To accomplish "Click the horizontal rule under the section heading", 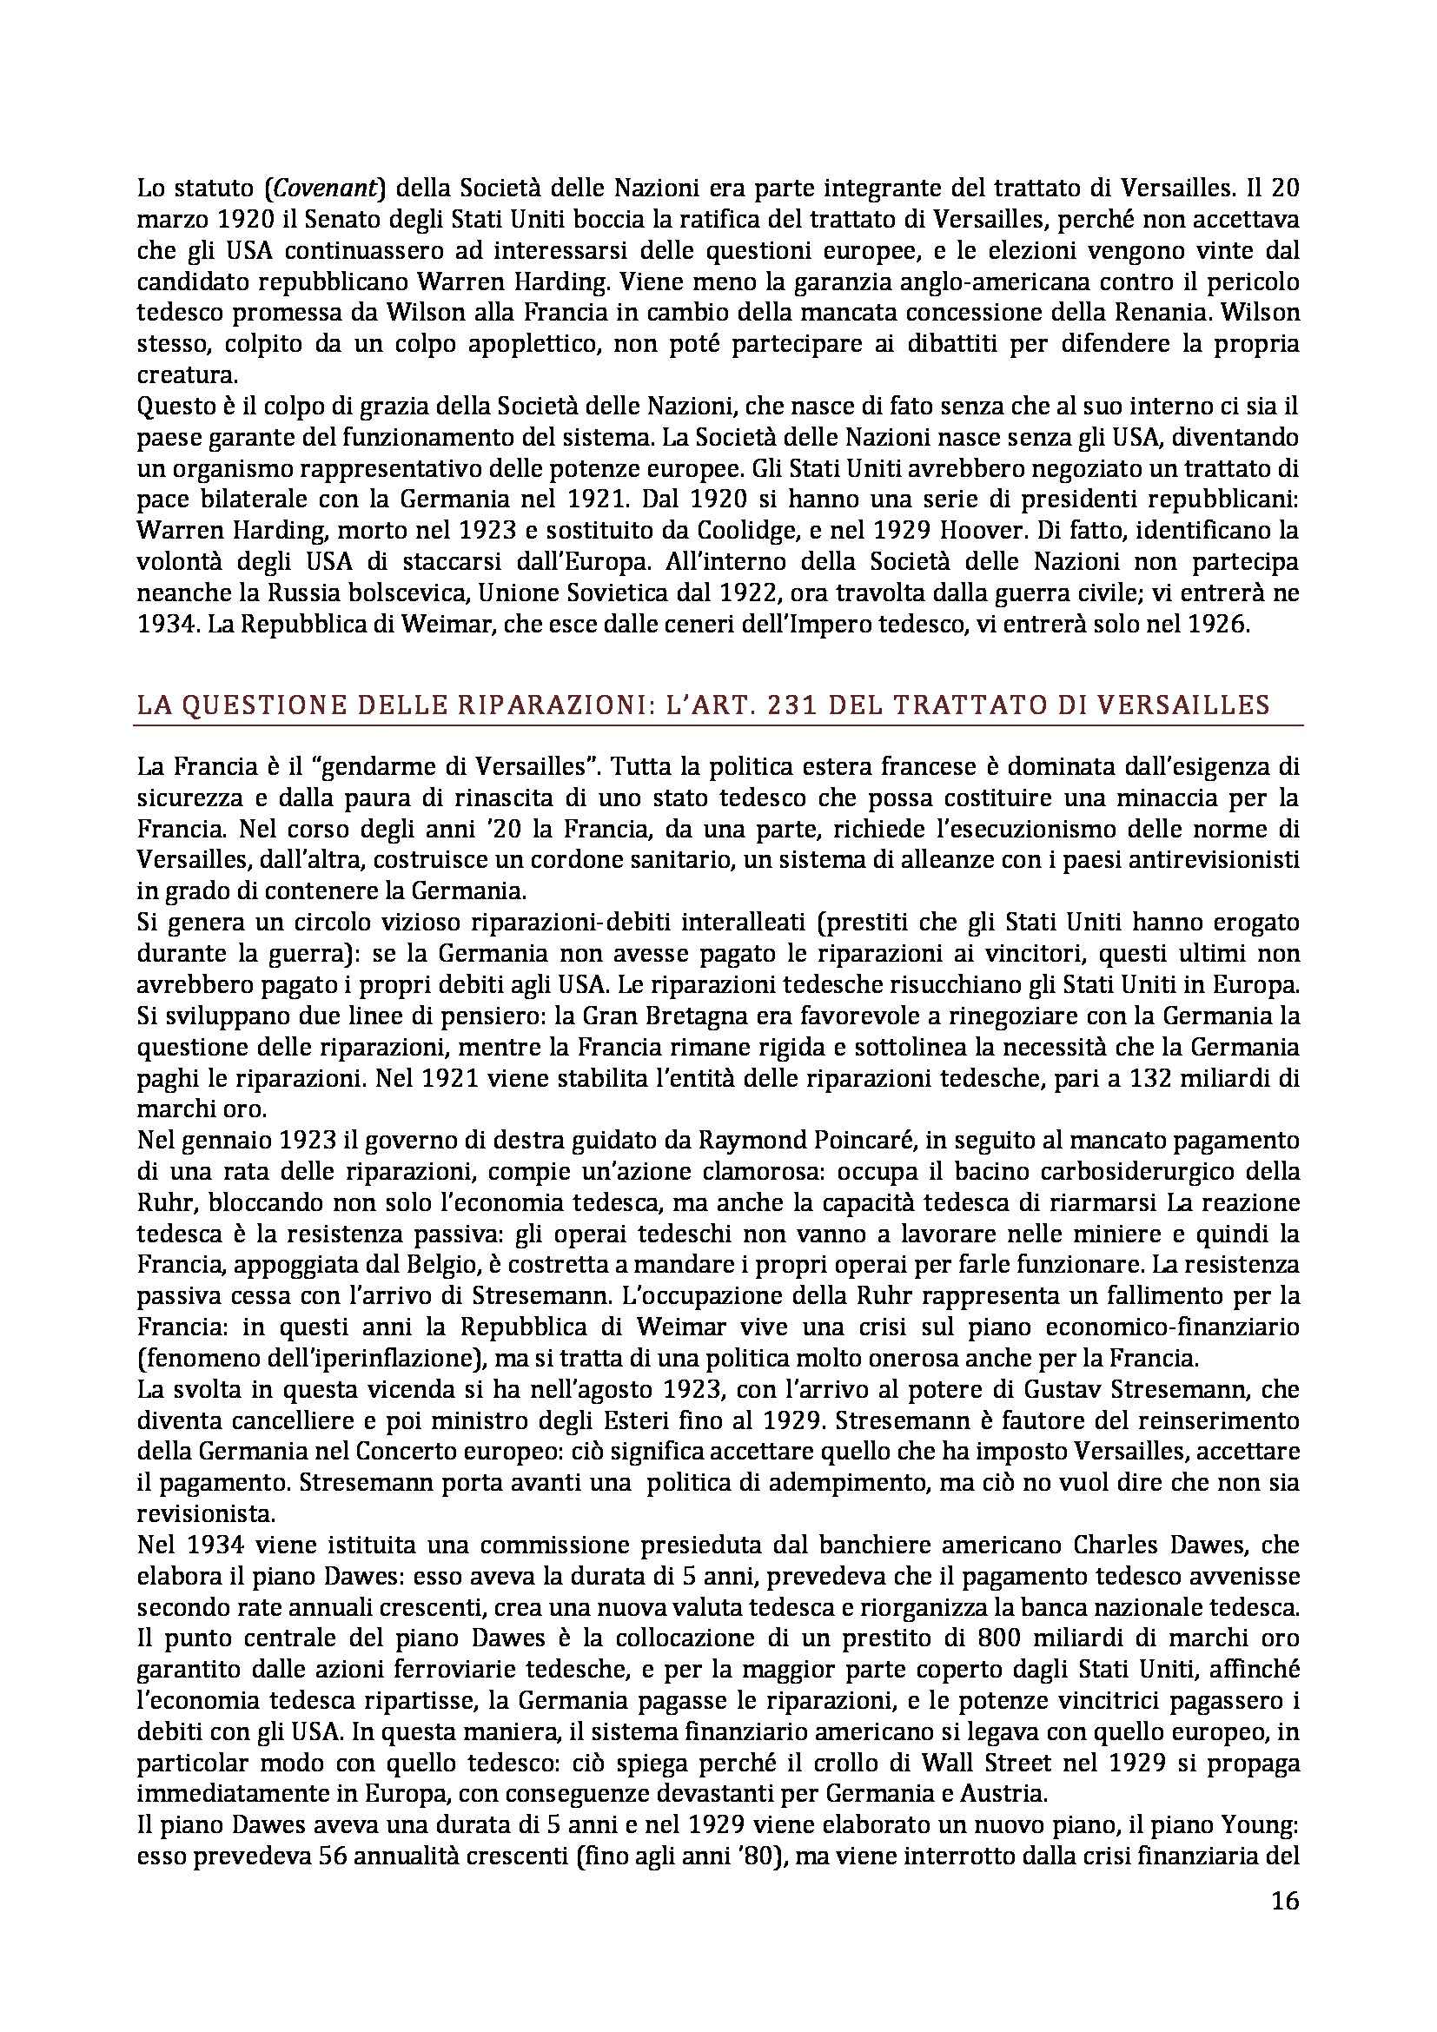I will (x=718, y=726).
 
